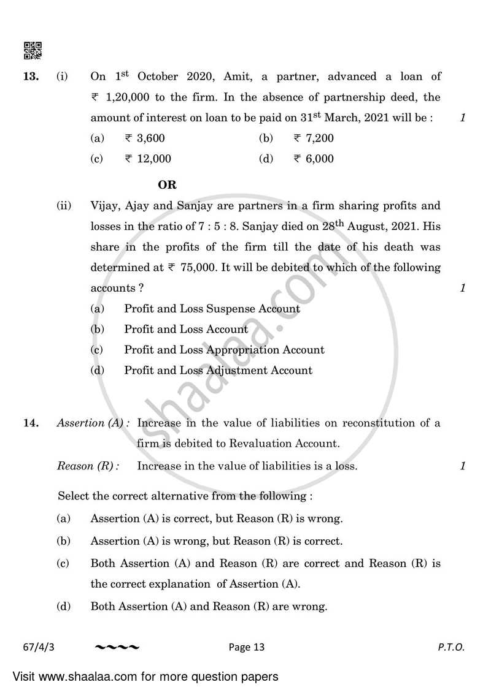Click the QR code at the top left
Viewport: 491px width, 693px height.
(x=33, y=50)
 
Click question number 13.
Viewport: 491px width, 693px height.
(x=32, y=77)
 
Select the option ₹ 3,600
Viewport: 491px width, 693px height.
(x=145, y=138)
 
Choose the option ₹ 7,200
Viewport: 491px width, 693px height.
(x=314, y=138)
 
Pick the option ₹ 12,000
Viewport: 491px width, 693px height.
(x=148, y=159)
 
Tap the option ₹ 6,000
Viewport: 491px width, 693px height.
(x=314, y=159)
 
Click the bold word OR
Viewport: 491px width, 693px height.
(x=167, y=184)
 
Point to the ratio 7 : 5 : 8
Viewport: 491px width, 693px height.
(x=223, y=227)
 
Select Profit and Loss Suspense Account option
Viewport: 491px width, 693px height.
(x=212, y=309)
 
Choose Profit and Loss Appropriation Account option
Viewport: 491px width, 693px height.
(x=224, y=350)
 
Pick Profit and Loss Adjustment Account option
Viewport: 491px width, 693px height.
(x=218, y=370)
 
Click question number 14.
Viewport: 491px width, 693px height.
(x=32, y=423)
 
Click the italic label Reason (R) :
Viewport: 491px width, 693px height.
(x=88, y=466)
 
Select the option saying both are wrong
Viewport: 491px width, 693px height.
(x=209, y=607)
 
